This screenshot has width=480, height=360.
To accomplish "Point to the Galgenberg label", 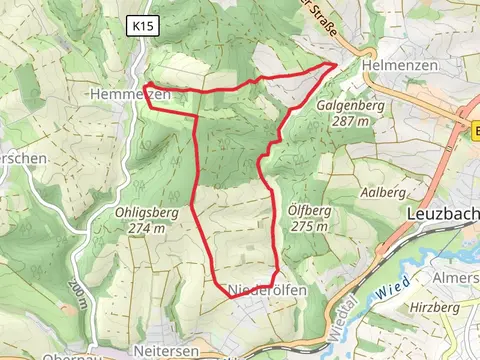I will coord(350,105).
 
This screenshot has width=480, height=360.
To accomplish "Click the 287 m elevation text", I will coord(350,120).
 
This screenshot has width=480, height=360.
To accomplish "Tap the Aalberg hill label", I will coord(385,191).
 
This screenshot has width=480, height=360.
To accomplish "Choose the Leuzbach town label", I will coord(443,214).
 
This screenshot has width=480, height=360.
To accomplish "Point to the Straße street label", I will coord(320,16).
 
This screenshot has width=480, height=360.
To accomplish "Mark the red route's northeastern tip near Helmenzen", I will coord(333,64).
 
